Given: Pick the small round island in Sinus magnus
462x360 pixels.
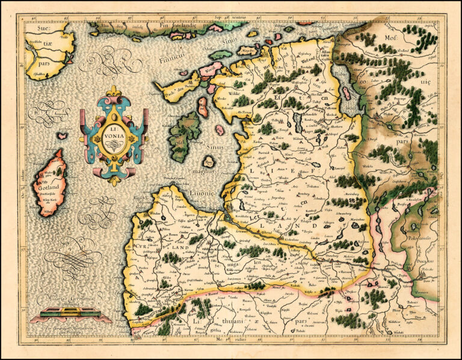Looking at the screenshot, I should [x=209, y=162].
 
